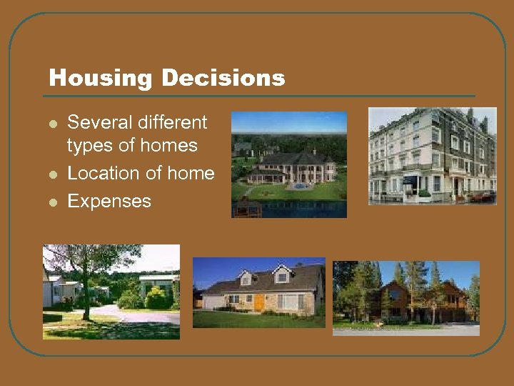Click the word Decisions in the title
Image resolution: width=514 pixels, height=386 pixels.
click(x=224, y=78)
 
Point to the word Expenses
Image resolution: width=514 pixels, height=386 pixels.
click(x=109, y=201)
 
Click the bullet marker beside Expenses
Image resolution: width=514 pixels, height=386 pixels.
click(x=52, y=202)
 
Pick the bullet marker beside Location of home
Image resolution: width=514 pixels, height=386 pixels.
click(x=52, y=174)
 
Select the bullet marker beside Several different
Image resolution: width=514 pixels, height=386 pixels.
click(x=52, y=123)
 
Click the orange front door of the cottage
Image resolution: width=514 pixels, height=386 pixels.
click(x=259, y=302)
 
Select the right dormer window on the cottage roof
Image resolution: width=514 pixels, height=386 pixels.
click(x=283, y=276)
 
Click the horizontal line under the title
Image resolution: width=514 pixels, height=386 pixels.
click(x=261, y=96)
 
